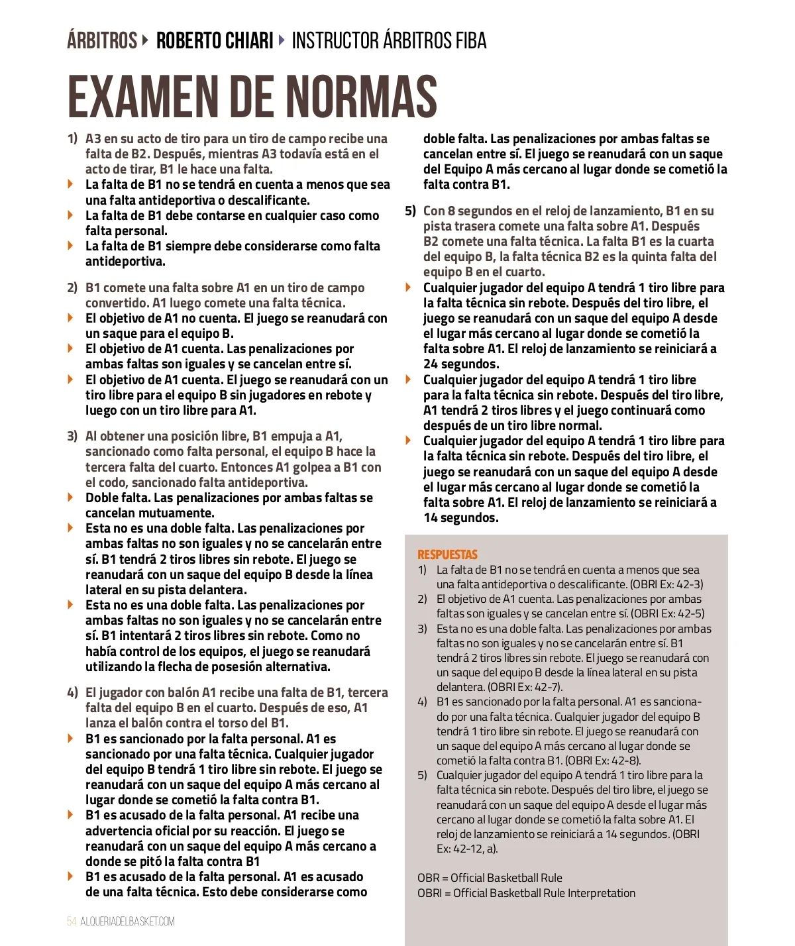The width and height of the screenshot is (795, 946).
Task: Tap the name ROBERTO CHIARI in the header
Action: pyautogui.click(x=215, y=41)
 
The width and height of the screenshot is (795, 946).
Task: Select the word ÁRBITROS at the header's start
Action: pyautogui.click(x=102, y=41)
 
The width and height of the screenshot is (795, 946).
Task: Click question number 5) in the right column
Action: pyautogui.click(x=410, y=211)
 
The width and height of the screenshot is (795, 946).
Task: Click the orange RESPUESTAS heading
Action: pyautogui.click(x=447, y=554)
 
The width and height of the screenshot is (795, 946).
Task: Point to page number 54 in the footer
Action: pyautogui.click(x=72, y=921)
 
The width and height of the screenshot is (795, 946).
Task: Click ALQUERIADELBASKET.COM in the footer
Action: pyautogui.click(x=128, y=921)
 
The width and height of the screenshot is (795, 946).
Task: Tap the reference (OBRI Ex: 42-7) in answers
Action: pyautogui.click(x=525, y=687)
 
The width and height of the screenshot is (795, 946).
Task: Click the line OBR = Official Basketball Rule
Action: pyautogui.click(x=490, y=878)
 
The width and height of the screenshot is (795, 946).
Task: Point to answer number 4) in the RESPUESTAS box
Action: pyautogui.click(x=422, y=702)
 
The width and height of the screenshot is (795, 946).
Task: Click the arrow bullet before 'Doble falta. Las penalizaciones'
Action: pyautogui.click(x=71, y=498)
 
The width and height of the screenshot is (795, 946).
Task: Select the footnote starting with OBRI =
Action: pyautogui.click(x=526, y=893)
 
